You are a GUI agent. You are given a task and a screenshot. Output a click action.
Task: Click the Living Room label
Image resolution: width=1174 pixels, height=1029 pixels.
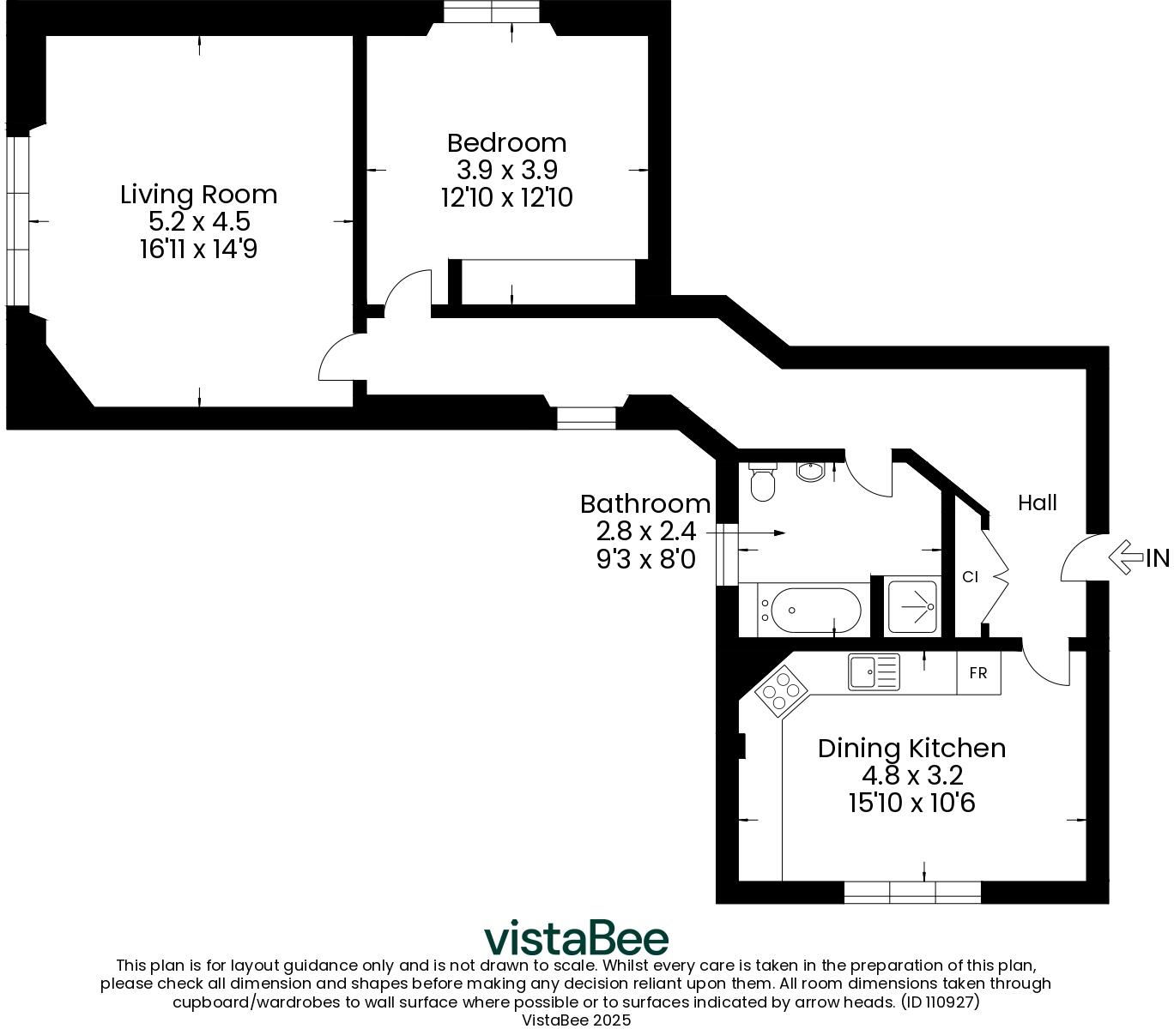click(198, 195)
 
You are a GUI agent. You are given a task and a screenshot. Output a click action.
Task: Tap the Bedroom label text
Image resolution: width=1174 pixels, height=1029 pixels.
click(506, 142)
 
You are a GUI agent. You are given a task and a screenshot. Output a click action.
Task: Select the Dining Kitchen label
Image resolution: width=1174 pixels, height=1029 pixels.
click(911, 748)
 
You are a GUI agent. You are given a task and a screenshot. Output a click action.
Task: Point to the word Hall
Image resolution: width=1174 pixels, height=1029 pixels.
click(1037, 502)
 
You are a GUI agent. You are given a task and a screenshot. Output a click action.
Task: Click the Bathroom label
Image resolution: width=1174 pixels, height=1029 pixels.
click(645, 503)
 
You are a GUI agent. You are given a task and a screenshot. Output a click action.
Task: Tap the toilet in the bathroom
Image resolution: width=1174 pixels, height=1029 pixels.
click(762, 482)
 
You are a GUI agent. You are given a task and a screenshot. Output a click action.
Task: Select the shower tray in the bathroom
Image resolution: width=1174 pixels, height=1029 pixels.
click(912, 607)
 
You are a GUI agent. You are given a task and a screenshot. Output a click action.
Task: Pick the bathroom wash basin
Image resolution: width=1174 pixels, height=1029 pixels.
click(809, 471)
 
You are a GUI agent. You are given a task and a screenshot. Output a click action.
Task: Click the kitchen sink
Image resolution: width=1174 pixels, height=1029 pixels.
click(874, 671)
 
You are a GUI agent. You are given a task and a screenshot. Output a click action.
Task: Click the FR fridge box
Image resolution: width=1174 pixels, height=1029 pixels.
click(978, 673)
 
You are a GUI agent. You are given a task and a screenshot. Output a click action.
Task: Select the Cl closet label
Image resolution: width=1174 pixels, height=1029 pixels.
click(970, 577)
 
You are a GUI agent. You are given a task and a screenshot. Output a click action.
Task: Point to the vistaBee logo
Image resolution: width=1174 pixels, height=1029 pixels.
click(576, 938)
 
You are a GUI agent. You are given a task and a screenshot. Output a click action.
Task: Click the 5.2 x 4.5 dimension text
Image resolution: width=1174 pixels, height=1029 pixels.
click(198, 222)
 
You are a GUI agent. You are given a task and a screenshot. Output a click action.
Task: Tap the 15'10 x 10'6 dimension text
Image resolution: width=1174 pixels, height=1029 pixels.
click(911, 803)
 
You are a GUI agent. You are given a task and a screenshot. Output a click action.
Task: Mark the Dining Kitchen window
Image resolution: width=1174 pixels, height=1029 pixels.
click(912, 892)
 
